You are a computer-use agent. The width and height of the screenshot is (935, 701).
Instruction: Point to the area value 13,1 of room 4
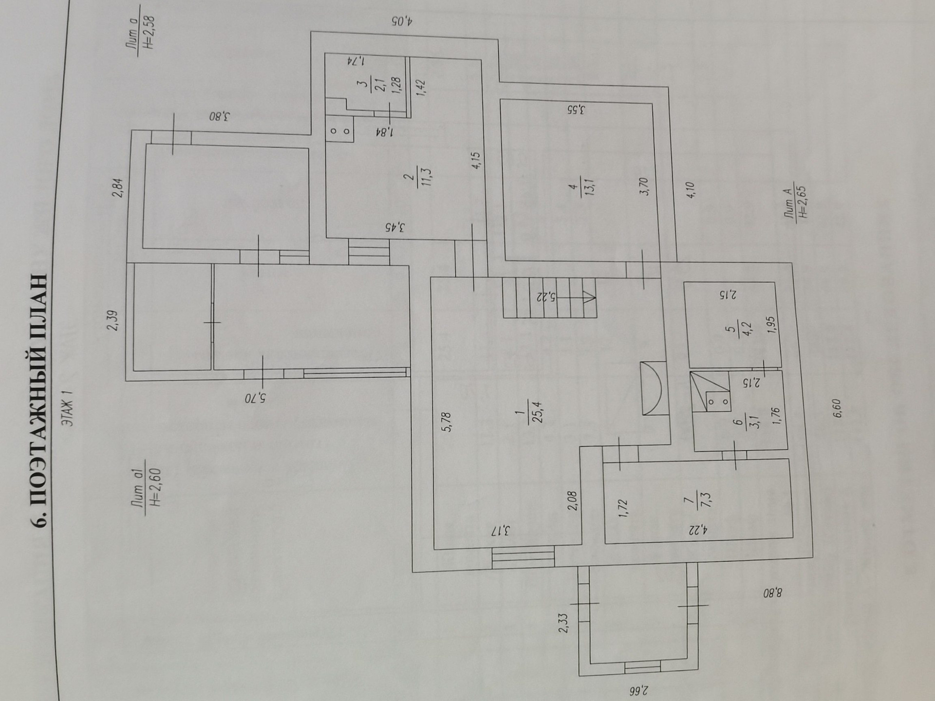click(593, 186)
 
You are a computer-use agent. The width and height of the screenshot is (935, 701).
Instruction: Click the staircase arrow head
click(588, 297)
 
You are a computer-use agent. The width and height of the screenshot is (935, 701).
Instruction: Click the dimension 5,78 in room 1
click(448, 422)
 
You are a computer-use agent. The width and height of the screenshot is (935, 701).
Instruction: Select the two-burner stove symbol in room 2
click(339, 130)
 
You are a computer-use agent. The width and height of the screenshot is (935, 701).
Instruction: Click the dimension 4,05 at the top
click(402, 21)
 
